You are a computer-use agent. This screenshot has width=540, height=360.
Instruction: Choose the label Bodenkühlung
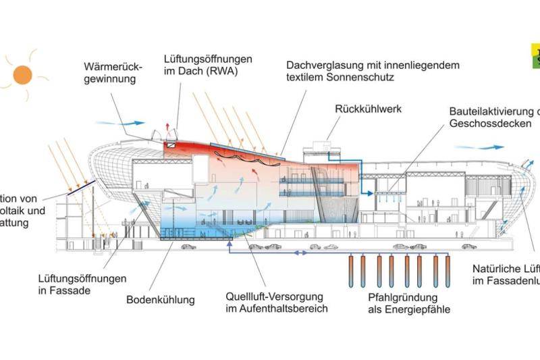coord(160,299)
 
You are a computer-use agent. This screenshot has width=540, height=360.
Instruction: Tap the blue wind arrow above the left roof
coord(121,123)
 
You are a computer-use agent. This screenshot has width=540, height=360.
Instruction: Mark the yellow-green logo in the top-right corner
coord(535,55)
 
